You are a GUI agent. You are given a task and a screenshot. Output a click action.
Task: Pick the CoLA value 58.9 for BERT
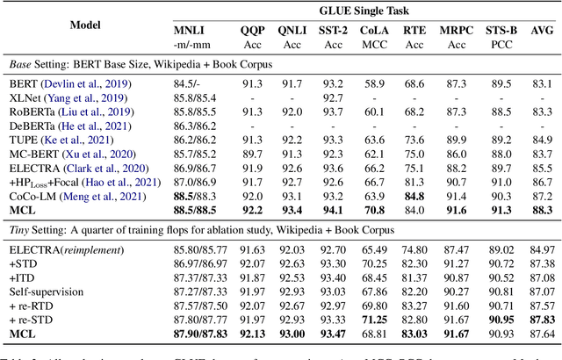(375, 83)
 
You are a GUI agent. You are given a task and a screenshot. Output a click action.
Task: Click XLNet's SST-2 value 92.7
(332, 97)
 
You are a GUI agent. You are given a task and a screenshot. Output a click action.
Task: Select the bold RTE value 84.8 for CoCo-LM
(414, 195)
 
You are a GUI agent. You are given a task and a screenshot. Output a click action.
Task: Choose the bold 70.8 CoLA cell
(375, 210)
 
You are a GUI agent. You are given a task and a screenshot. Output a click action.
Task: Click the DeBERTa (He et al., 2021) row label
(69, 126)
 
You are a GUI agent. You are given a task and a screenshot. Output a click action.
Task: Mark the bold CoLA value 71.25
(375, 319)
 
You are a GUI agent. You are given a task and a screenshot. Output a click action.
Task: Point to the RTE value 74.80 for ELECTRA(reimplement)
(414, 249)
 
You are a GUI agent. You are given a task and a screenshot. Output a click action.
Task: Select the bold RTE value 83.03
(414, 334)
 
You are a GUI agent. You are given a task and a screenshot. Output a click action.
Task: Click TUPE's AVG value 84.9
(543, 140)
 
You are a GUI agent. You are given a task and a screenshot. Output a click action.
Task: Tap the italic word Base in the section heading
(21, 63)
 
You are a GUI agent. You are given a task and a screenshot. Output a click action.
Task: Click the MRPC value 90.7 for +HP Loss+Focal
(457, 181)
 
